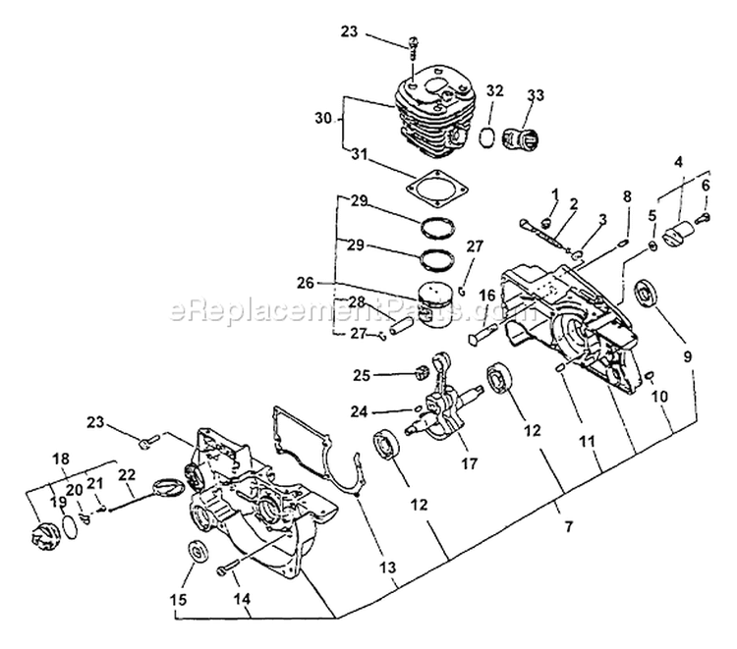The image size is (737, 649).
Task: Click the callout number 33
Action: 536,95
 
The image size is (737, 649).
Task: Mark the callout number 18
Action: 60,458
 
